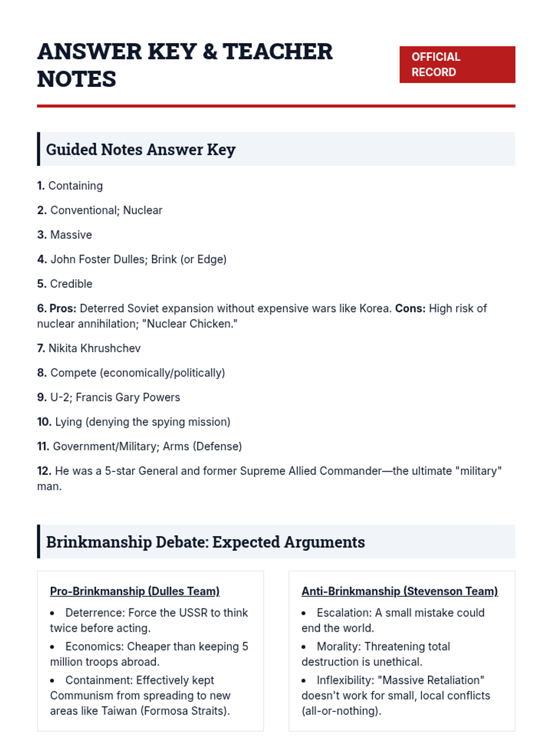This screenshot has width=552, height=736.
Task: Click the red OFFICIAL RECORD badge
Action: coord(457,64)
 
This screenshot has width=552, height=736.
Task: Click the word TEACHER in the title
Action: coord(277,52)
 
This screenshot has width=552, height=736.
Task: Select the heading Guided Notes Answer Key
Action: coord(141,149)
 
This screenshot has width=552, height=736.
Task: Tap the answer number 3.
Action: coord(41,235)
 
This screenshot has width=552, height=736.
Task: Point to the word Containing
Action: coord(75,186)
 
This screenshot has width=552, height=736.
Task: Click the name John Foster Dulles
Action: coord(98,259)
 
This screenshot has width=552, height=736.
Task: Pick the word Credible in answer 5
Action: coord(71,284)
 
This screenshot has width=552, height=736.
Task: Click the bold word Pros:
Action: coord(63,308)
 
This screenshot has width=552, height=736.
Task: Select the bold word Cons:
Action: coord(410,308)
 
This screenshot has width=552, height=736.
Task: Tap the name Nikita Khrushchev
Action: coord(94,348)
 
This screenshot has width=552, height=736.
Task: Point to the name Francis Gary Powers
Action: coord(128,397)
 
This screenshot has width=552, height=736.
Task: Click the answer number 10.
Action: coord(44,422)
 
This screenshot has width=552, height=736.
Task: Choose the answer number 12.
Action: coord(44,471)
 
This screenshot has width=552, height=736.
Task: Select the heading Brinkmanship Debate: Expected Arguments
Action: coord(205,542)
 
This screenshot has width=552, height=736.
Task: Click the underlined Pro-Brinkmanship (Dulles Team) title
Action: coord(135,591)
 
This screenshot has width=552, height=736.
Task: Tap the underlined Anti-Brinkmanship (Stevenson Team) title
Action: coord(400,591)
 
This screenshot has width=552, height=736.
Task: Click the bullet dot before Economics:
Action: coord(52,647)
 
